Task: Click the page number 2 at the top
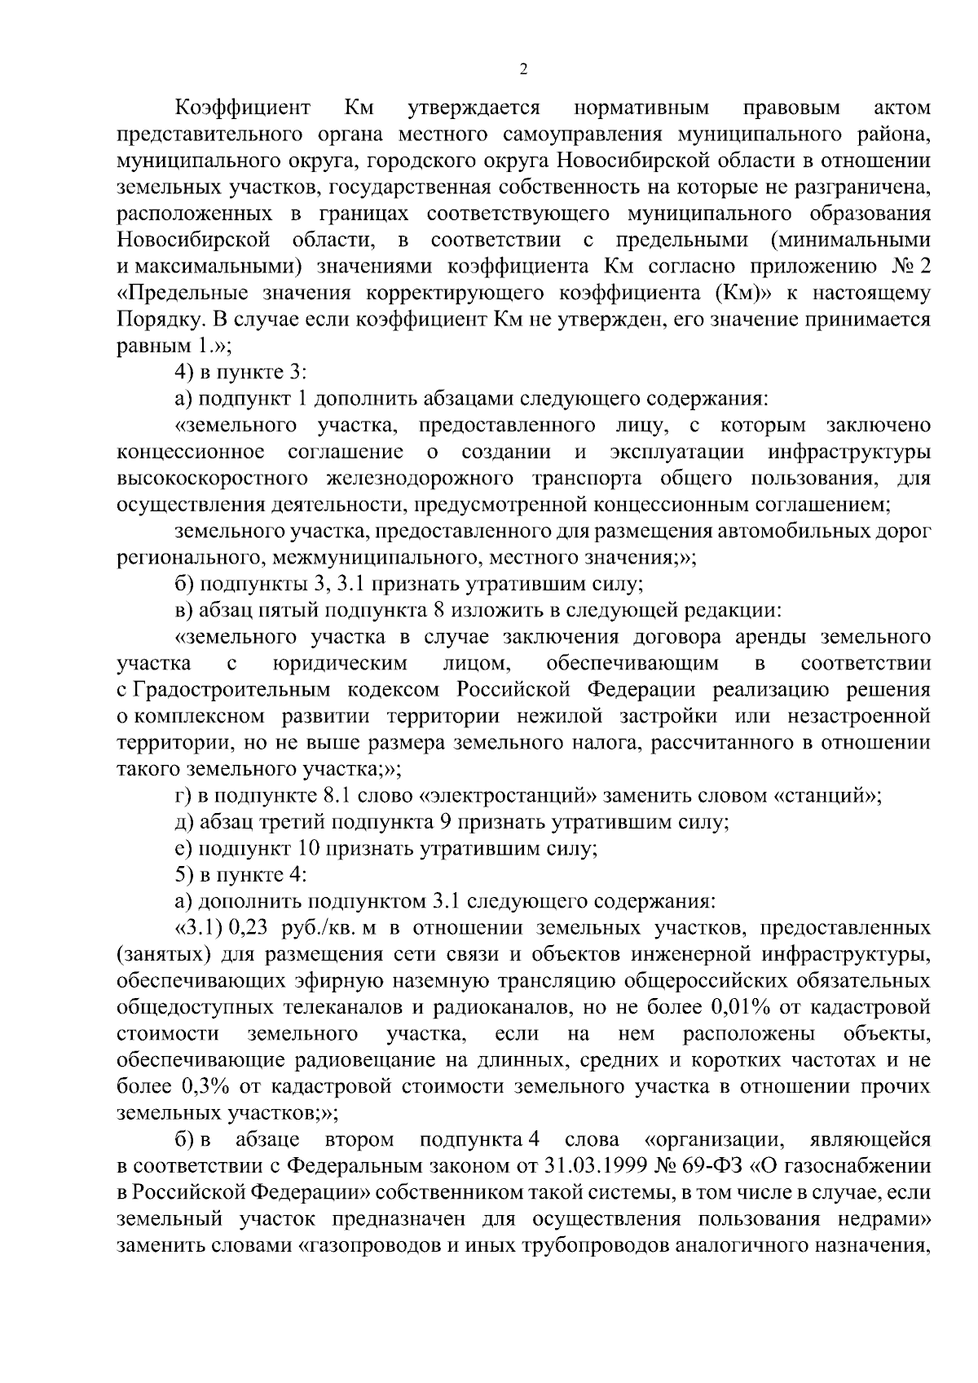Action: tap(523, 69)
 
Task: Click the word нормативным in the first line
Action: tap(641, 108)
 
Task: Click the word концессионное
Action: tap(191, 452)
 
